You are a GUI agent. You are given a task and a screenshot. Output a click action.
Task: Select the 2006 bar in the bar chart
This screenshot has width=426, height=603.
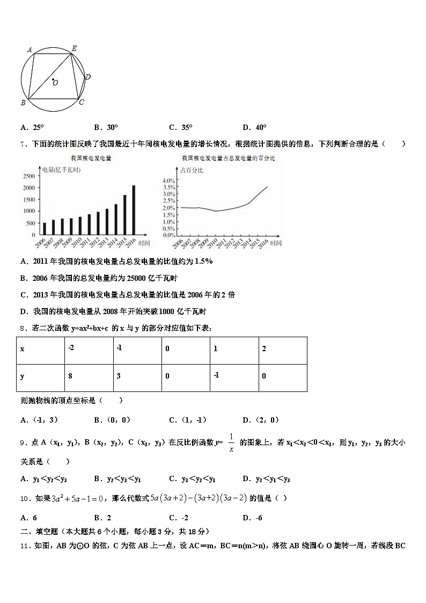(44, 229)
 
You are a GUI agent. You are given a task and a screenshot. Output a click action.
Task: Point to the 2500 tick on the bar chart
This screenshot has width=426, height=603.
(30, 176)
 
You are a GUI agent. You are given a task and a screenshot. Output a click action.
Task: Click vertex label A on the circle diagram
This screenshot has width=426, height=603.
(30, 50)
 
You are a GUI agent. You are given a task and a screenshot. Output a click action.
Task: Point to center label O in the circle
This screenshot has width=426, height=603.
(55, 83)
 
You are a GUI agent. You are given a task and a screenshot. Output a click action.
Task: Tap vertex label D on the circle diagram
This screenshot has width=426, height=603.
(88, 77)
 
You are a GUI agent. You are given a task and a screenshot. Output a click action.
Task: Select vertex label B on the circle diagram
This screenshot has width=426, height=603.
(23, 103)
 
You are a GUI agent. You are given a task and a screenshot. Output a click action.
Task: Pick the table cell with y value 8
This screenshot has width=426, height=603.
(70, 376)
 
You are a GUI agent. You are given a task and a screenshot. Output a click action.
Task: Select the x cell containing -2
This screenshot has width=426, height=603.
(71, 348)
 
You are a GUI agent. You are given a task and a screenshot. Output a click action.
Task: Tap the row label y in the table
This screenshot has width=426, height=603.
(22, 376)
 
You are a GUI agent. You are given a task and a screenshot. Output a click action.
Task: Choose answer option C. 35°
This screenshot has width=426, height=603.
(180, 127)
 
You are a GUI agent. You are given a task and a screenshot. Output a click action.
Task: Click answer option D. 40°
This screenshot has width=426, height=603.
(254, 127)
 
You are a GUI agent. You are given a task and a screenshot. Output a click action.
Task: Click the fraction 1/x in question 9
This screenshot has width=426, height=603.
(232, 442)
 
